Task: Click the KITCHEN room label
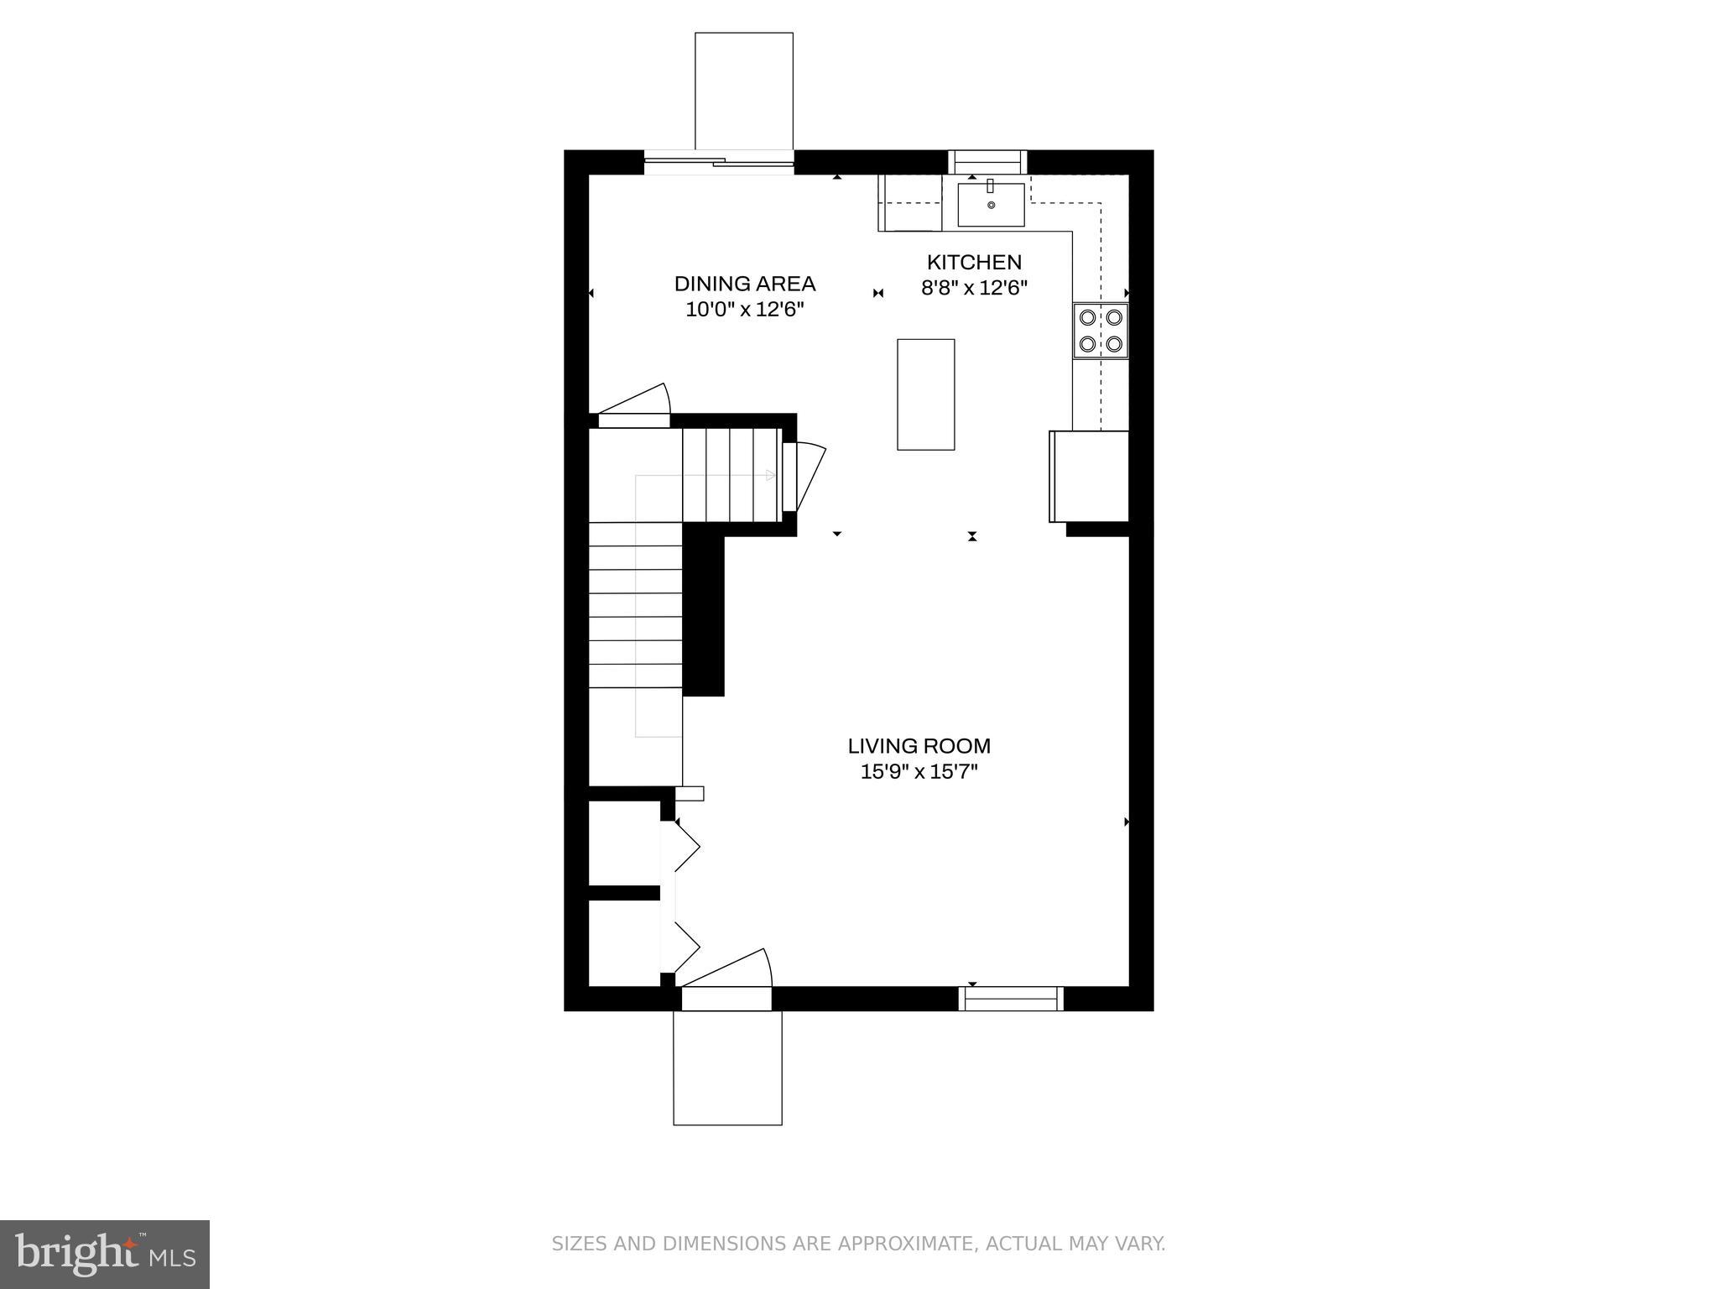[973, 262]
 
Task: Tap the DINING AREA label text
[744, 284]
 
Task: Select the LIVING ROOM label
[919, 746]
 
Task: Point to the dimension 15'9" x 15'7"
[919, 772]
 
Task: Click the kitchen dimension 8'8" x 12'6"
[973, 288]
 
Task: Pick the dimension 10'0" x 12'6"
[744, 310]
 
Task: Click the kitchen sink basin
[991, 206]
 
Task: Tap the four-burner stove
[1101, 331]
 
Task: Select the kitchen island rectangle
[925, 394]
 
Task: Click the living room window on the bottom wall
[1011, 999]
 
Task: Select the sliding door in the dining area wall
[718, 161]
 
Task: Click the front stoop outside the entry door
[727, 1067]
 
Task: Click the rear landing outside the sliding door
[743, 91]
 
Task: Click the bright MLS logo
[104, 1254]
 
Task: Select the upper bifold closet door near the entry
[683, 848]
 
